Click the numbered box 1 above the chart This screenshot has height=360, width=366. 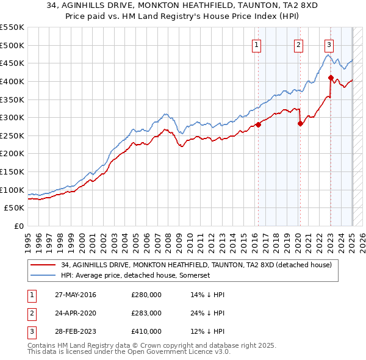click(x=256, y=45)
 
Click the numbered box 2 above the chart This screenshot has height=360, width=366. click(x=298, y=45)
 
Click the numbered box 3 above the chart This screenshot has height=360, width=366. click(x=329, y=45)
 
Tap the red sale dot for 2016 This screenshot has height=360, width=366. click(x=258, y=124)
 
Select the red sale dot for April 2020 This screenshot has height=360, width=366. click(x=300, y=123)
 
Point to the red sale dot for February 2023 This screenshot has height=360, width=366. click(x=331, y=77)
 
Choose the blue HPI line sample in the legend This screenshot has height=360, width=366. click(x=44, y=275)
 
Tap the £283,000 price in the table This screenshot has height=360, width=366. click(x=146, y=313)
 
